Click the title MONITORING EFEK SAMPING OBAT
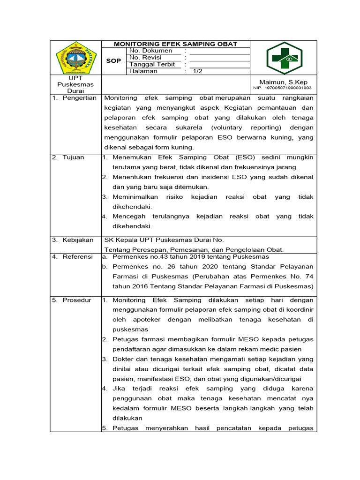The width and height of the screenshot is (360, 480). [176, 44]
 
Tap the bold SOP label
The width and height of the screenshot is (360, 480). [113, 61]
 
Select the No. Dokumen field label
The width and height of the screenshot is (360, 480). [150, 51]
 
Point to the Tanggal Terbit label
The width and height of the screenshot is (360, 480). [152, 64]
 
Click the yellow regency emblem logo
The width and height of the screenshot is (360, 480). [76, 58]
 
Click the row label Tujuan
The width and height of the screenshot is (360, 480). [73, 157]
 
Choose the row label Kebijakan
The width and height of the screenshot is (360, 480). [77, 240]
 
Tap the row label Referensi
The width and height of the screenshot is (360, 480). [77, 257]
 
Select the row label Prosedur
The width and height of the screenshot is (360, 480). [77, 300]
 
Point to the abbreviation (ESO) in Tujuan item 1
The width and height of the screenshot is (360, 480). [245, 157]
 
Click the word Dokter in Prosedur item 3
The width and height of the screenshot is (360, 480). [123, 359]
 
